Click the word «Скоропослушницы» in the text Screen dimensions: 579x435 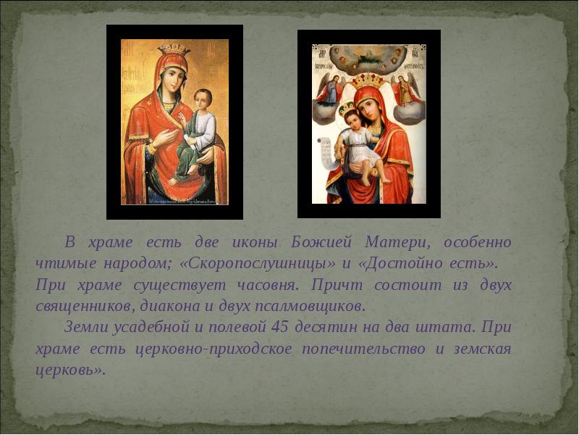258,263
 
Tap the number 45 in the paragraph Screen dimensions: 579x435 279,327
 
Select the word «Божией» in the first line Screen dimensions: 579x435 321,242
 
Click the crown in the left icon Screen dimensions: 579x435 174,49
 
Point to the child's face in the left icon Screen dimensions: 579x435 203,99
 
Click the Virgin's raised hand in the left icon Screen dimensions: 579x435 164,138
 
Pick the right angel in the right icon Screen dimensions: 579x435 405,88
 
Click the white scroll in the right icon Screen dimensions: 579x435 326,150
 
